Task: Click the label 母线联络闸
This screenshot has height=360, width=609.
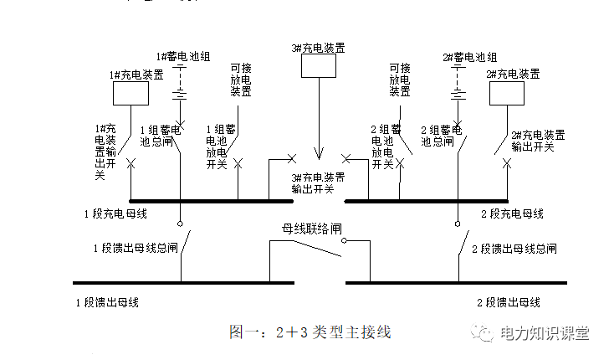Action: pos(310,229)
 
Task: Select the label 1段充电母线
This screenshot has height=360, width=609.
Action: pos(115,213)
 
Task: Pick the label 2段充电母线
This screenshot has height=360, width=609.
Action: pos(512,213)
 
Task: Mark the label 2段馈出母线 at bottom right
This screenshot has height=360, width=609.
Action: pos(509,301)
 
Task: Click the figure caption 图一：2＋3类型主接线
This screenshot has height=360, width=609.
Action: pos(310,332)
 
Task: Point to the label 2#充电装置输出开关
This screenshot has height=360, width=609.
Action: pos(538,140)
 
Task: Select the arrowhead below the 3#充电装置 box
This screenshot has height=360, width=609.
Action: pos(318,155)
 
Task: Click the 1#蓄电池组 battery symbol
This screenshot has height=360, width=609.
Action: pos(179,89)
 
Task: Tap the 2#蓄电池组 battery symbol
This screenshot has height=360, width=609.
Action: pos(458,89)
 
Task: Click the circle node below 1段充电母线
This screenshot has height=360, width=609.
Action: pos(179,224)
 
